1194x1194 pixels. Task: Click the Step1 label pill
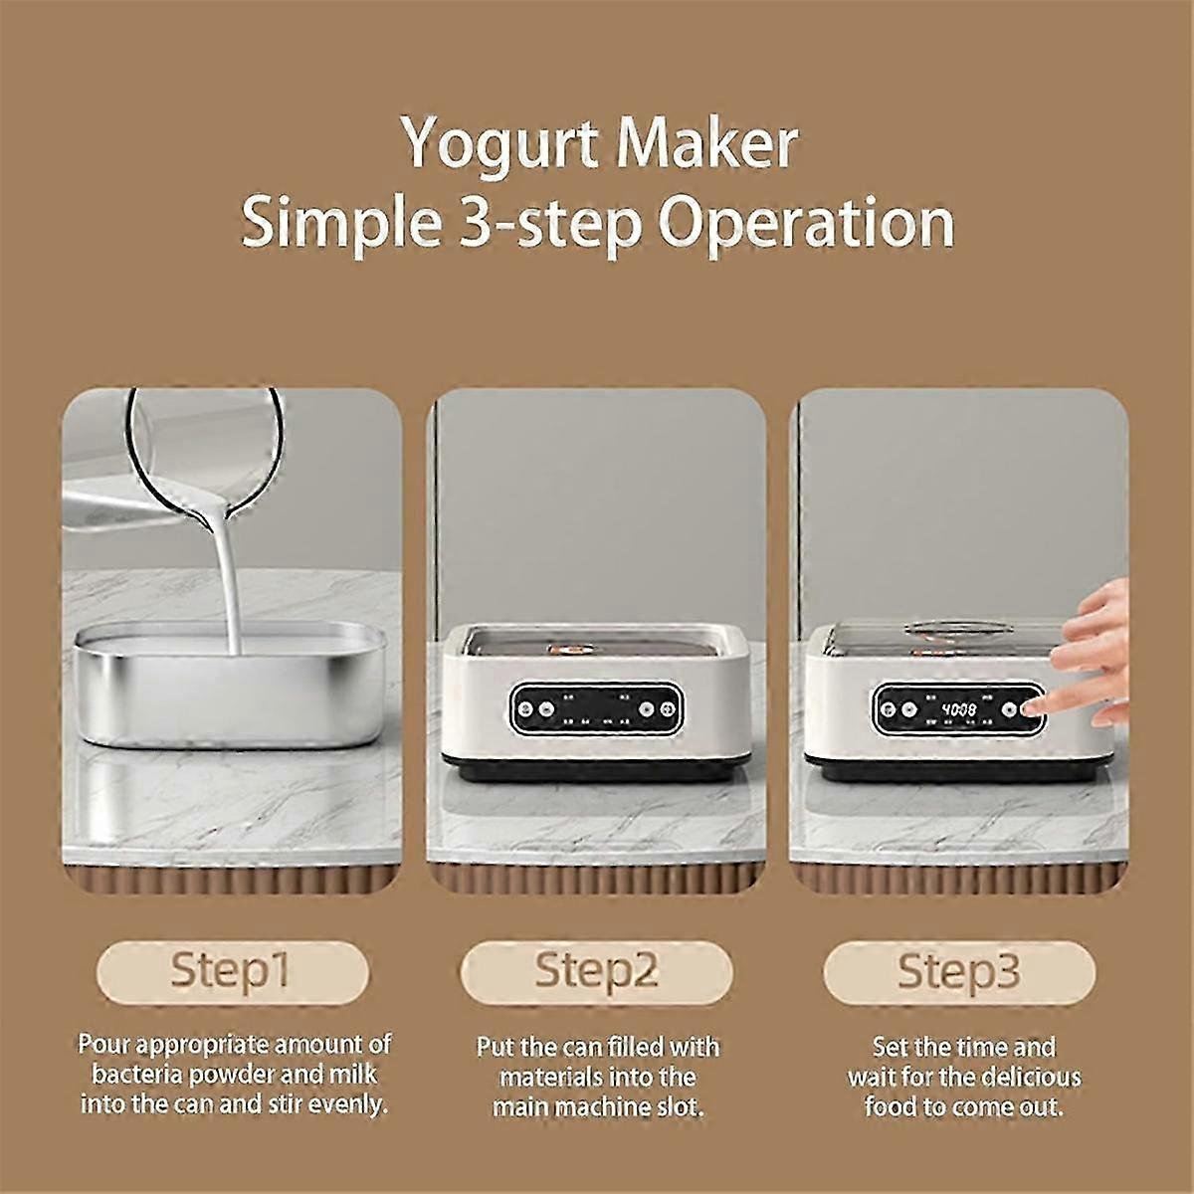click(x=233, y=971)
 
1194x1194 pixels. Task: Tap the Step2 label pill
click(x=596, y=971)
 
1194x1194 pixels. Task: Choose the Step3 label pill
click(x=959, y=971)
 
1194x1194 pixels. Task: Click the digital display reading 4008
click(x=958, y=709)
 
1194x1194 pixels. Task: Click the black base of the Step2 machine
click(x=595, y=771)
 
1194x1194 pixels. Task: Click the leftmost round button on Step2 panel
click(x=526, y=708)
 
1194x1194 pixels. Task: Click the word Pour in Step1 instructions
click(x=103, y=1044)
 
